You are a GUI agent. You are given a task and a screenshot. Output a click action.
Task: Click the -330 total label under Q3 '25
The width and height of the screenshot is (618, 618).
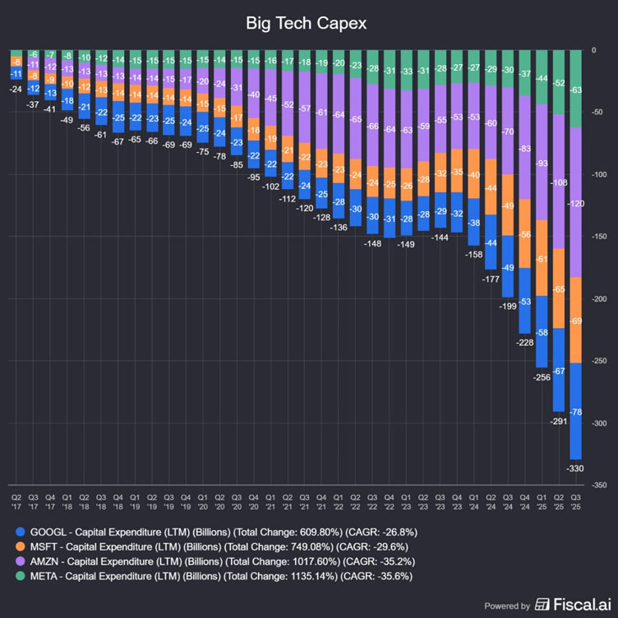(576, 468)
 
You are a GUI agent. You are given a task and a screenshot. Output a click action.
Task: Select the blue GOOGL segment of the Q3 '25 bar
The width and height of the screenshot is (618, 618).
(576, 411)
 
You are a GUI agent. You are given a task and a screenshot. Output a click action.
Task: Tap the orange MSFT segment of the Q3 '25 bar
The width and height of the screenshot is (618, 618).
(576, 320)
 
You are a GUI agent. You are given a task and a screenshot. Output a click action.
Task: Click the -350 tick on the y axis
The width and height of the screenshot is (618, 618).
(602, 485)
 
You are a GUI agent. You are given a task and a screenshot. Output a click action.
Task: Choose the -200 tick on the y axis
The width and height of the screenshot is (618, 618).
(602, 299)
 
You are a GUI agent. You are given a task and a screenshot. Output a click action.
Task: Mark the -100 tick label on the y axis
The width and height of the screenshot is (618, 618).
(602, 175)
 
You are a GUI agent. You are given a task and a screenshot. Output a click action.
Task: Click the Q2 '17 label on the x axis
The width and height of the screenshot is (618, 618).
(16, 501)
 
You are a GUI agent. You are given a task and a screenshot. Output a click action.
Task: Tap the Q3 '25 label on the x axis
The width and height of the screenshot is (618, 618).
(576, 501)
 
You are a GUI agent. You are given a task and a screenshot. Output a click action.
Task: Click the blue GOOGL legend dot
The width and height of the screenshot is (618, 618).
(20, 532)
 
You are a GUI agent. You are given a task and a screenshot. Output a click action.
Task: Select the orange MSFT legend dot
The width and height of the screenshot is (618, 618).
(20, 547)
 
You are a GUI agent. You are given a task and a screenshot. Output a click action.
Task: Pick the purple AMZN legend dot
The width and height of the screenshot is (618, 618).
(20, 561)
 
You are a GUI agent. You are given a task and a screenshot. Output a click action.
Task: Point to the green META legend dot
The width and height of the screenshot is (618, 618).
(20, 576)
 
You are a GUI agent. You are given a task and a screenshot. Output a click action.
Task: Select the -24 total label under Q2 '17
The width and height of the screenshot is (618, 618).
(16, 89)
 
